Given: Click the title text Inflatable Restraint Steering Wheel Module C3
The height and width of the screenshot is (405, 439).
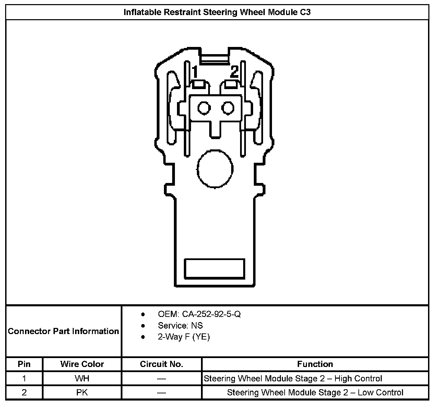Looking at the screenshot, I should point(217,12).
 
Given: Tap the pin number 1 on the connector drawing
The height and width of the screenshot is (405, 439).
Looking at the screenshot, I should point(195,72).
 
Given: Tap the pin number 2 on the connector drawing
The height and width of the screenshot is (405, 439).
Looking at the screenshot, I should point(234,72).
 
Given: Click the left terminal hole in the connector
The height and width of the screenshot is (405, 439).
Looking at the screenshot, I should point(204,108).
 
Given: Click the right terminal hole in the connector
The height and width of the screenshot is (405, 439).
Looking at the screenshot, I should point(227,108).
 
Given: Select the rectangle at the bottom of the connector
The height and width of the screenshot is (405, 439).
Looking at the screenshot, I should point(215,268).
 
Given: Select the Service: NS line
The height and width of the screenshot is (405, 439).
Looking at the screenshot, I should point(180,326).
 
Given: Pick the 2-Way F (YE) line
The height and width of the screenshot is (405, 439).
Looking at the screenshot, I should point(183,337).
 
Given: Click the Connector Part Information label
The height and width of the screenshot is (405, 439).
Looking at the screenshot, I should point(63,331).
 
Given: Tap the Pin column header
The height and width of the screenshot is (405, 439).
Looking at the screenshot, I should point(24,364).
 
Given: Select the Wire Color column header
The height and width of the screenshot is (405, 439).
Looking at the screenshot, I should point(82,364).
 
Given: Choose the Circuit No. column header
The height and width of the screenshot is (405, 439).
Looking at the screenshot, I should point(162,364).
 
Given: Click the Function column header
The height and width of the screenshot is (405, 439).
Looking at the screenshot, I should point(315,364).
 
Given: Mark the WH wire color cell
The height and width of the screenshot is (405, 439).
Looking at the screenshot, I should point(82,379).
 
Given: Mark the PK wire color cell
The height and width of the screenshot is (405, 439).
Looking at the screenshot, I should point(82,392).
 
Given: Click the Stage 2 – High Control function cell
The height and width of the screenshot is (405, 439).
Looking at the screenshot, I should point(293,379).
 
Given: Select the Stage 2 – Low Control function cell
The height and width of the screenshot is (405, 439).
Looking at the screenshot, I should point(315,392).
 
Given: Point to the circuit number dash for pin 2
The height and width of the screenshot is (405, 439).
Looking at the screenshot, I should point(162,393).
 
